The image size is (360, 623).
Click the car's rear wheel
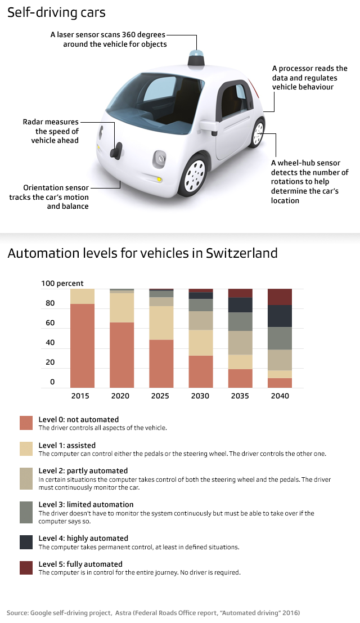coord(258,133)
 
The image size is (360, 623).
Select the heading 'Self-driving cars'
coord(56,12)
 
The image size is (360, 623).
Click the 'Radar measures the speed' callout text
coord(51,131)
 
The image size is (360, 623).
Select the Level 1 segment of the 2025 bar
coord(161,322)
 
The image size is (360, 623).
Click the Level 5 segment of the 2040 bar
coord(280,297)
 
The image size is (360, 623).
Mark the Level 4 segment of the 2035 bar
coord(240,304)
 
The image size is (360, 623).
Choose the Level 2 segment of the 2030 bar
coord(201,320)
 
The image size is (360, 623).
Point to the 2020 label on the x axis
coord(120,396)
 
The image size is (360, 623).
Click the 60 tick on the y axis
coord(50,323)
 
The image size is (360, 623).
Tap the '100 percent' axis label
coord(62,284)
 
